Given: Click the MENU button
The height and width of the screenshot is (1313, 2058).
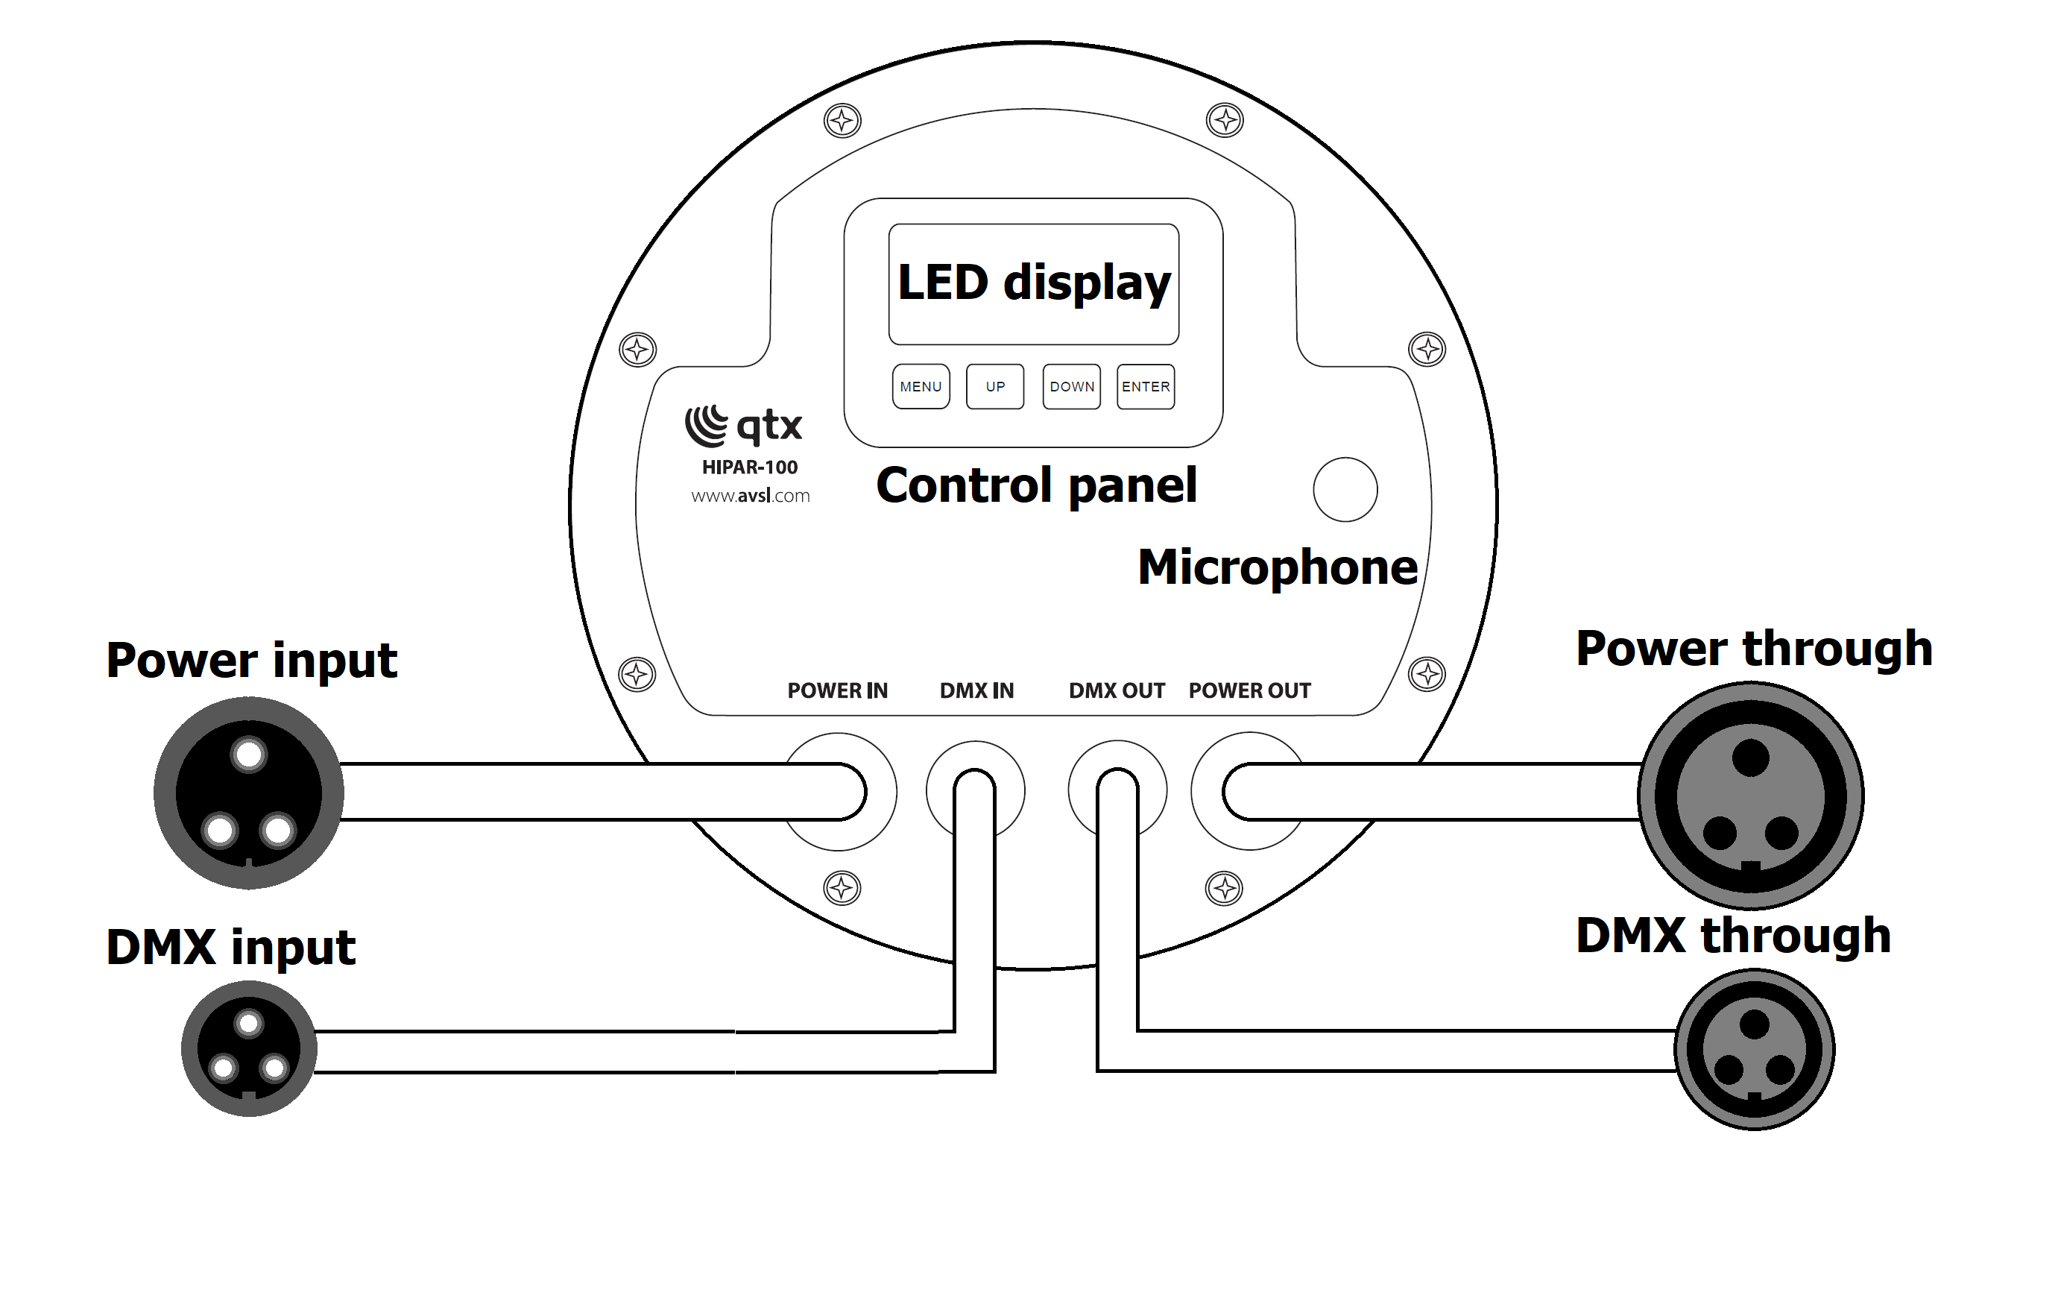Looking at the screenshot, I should pos(921,386).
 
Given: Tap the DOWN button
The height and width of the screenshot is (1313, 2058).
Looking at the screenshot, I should pos(1072,386).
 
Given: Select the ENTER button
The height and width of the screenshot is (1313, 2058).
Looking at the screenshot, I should pos(1145,386).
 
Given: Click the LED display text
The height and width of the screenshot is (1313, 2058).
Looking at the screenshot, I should pos(1034,283).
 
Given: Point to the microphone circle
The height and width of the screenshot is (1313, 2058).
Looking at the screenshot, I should pos(1345,490).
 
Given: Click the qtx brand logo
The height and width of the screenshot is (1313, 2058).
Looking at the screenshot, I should pos(744,426).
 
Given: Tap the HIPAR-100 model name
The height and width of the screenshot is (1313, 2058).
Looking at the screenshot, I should pos(750,467).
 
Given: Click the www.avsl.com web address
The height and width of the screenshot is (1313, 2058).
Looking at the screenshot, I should pos(751,496).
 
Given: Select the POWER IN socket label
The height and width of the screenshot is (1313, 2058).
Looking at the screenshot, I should pos(838,690).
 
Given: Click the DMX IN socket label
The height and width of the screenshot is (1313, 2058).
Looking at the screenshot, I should pos(977,690).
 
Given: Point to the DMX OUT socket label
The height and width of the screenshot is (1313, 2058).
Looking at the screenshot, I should pos(1117,690).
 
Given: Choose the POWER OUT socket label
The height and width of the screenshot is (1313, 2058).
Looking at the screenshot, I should pos(1249,690).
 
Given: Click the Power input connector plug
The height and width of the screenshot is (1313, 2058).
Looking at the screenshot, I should pos(249,793).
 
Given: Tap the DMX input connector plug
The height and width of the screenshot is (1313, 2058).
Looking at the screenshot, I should pos(249,1049).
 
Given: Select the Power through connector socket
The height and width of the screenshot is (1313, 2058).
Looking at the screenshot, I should pos(1750,796).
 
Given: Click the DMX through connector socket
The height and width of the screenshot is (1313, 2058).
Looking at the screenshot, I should pos(1755,1049).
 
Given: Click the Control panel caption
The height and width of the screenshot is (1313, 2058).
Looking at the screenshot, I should pos(1037,485).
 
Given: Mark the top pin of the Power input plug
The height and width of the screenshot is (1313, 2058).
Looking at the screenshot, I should pos(249,755).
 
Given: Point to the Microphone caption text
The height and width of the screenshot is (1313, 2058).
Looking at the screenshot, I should pos(1278,567).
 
